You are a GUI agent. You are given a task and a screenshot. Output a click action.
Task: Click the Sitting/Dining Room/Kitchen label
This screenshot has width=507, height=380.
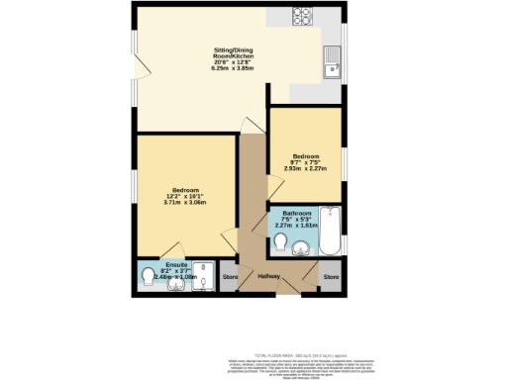(x=235, y=54)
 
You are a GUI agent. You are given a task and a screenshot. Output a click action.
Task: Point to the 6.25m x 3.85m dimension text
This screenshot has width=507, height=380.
(x=235, y=69)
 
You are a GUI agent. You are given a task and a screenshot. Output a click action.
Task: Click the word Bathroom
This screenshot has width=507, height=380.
(x=297, y=213)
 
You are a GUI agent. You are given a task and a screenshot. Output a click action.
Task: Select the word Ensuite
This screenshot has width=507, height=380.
(x=177, y=264)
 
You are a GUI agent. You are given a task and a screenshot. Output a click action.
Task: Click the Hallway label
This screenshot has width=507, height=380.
(x=269, y=276)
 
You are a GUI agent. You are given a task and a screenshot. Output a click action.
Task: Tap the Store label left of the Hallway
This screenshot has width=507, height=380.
(x=230, y=276)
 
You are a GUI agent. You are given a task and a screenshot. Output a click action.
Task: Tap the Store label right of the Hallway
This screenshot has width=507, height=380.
(x=332, y=276)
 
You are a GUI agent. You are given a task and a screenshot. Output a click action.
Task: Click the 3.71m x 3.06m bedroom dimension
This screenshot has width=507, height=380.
(x=186, y=202)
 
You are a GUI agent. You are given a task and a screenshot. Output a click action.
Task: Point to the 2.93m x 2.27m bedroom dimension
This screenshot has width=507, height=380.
(x=306, y=168)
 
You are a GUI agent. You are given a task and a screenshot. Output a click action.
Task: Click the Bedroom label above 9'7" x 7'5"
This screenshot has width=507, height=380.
(x=305, y=154)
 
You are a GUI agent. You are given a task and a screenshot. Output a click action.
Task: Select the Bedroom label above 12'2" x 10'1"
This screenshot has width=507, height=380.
(x=186, y=189)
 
